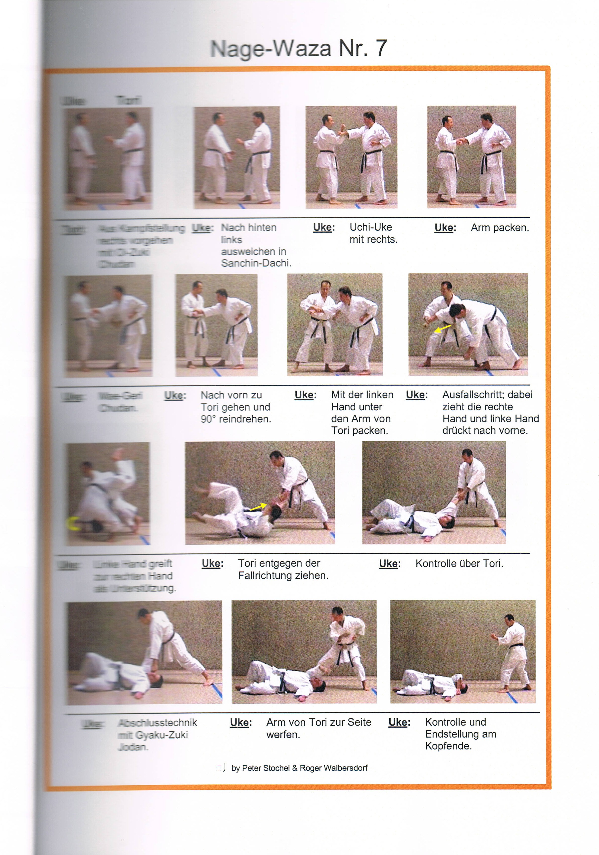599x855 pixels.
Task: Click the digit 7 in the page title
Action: (381, 49)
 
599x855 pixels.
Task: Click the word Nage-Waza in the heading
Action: (271, 49)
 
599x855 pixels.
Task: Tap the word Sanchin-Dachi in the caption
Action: (256, 263)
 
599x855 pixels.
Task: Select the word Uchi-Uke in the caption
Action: (370, 227)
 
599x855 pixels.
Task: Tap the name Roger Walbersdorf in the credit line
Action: (333, 768)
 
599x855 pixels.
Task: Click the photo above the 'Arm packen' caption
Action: (471, 157)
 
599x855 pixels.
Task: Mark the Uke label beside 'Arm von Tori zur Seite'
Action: (241, 722)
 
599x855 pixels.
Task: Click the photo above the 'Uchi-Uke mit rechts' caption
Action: (351, 157)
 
